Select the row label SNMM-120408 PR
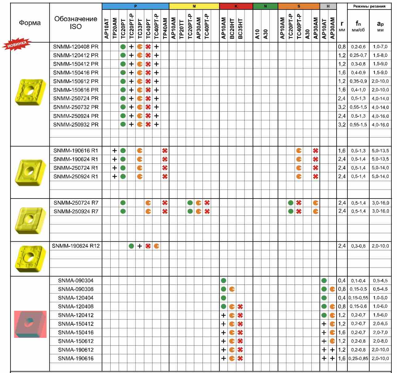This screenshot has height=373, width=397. [x=76, y=47]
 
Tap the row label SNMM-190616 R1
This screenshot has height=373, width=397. [x=76, y=151]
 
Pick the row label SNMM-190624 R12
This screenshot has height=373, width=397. [x=76, y=246]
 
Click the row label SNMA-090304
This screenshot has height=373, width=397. [x=76, y=281]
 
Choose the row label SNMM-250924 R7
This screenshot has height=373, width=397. [x=76, y=211]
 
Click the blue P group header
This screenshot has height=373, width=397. [x=136, y=6]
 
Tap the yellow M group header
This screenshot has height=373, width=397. [x=194, y=6]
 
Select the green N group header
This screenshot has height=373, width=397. [x=265, y=6]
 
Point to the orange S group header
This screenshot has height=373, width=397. [x=299, y=6]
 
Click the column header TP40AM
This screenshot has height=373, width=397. [x=165, y=28]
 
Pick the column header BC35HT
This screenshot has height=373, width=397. [x=240, y=28]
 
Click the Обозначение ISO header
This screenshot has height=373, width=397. [x=76, y=23]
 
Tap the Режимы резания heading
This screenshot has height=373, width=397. [x=369, y=6]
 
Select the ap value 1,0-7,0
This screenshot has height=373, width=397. [x=380, y=47]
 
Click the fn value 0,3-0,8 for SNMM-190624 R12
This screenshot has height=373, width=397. [x=358, y=246]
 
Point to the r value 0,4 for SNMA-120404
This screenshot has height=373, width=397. [x=342, y=298]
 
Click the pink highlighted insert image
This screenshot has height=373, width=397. [x=30, y=324]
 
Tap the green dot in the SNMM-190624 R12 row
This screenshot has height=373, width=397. [x=131, y=246]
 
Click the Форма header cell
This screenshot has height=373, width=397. [x=30, y=23]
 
